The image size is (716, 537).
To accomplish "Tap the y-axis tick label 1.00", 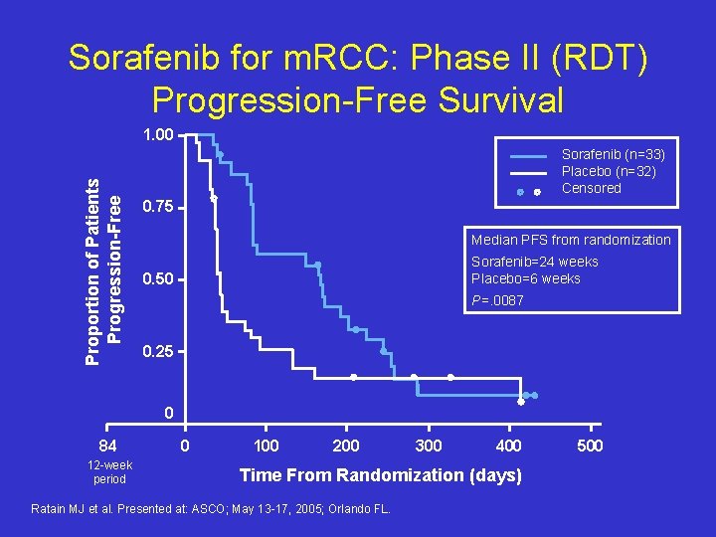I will point(158,135).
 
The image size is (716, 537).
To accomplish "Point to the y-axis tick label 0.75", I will point(158,208).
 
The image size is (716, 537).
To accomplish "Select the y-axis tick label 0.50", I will point(158,279).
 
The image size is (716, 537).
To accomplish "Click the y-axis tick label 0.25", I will point(158,352).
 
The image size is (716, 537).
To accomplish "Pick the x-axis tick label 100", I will point(266,445).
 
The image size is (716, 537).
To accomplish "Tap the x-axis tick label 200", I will point(346,445).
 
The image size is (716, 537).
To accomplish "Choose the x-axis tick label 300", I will point(428,445).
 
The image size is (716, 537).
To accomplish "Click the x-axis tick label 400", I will point(508,445).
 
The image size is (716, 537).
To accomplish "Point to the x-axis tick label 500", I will point(590,445).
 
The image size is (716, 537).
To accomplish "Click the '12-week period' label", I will point(108,472).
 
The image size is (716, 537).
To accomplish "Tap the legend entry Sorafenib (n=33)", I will point(613,154).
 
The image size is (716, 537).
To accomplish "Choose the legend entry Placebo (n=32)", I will point(609,171).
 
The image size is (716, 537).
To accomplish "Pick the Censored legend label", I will point(591,188).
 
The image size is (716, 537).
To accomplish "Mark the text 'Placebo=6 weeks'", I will point(525,278).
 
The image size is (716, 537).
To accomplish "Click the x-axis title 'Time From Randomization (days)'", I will point(380,475).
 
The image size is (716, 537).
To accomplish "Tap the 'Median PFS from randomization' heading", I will point(571,240).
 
